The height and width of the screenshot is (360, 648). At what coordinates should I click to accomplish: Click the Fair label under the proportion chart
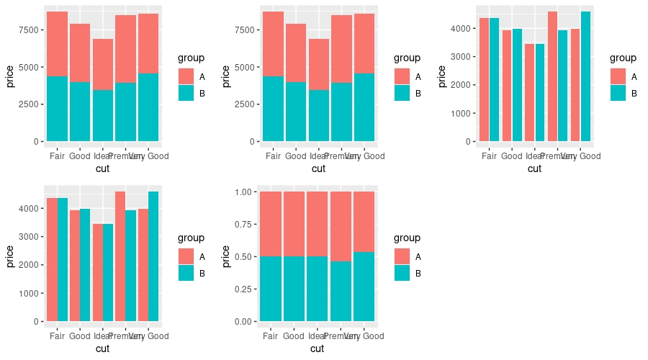[271, 336]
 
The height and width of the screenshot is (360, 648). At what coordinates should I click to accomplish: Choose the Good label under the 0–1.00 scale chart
[294, 336]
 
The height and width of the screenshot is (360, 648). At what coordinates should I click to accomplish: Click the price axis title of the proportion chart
[226, 256]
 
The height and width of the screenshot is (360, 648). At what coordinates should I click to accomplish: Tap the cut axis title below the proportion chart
[318, 349]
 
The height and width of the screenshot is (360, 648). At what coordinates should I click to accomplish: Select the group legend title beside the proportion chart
[407, 238]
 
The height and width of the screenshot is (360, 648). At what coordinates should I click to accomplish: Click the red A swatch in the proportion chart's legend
[402, 256]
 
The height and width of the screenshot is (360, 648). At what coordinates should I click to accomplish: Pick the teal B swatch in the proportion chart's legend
[402, 273]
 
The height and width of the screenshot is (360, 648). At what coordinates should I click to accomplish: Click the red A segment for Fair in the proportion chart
[271, 224]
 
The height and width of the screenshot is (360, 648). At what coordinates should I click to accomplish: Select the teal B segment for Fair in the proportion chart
[271, 288]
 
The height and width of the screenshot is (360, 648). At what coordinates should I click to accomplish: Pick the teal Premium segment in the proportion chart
[341, 291]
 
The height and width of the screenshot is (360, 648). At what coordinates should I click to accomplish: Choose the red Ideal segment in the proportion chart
[318, 224]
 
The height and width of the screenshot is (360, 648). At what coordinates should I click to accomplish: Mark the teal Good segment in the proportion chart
[294, 288]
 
